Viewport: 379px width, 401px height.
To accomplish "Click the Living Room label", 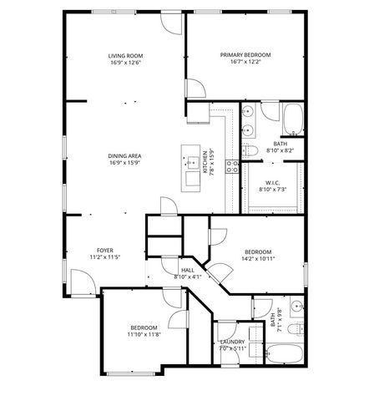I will click(124, 56).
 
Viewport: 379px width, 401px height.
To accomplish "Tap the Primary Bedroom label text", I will click(245, 56).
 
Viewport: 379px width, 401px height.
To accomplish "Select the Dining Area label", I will click(124, 156).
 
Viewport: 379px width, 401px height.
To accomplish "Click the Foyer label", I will click(104, 250).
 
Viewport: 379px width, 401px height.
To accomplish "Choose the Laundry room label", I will click(231, 343).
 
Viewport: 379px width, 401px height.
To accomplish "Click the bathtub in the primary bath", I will click(292, 119).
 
